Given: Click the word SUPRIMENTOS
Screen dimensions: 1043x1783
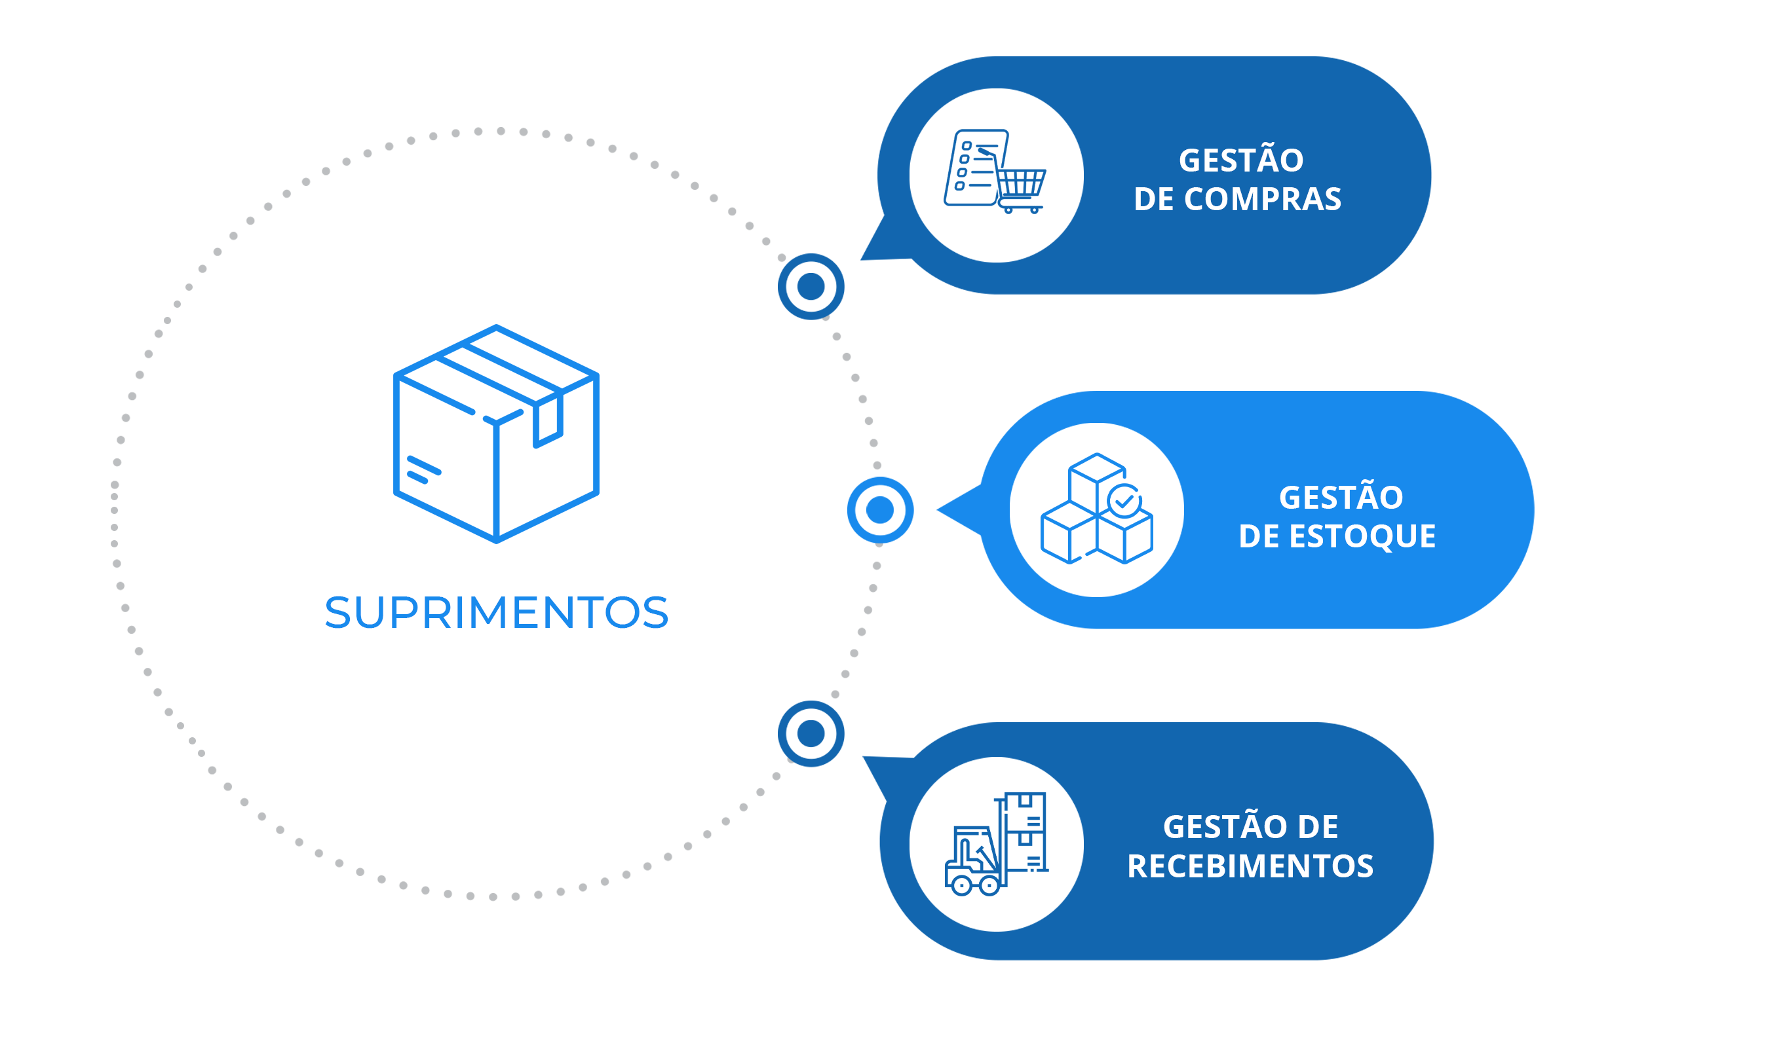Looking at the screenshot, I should click(x=497, y=612).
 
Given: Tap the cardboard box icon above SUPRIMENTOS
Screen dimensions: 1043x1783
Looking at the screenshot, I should click(x=496, y=433).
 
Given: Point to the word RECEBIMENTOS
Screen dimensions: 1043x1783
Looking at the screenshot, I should click(x=1250, y=866).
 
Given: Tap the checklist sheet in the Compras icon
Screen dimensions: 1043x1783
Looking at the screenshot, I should click(x=974, y=168).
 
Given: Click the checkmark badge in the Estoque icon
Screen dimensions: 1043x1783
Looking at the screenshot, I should click(x=1124, y=501).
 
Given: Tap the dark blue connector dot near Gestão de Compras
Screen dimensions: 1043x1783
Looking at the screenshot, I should click(x=811, y=286).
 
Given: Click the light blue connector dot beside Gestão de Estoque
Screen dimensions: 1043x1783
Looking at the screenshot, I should click(x=880, y=510).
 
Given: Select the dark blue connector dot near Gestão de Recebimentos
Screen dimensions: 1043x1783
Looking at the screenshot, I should click(x=811, y=734).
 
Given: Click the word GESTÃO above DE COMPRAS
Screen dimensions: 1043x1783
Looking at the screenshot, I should click(x=1241, y=160).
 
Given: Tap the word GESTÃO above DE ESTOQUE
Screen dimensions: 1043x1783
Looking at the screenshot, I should click(x=1341, y=498).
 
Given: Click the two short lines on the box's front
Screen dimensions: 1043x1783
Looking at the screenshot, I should click(x=423, y=470).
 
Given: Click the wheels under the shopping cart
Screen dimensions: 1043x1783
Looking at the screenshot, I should click(x=1021, y=210).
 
